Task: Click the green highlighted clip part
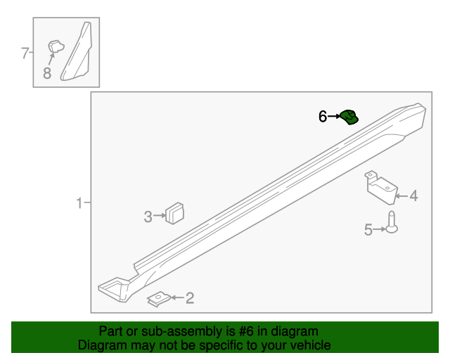[349, 117]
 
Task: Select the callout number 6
[323, 117]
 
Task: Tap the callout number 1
[80, 204]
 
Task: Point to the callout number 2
[189, 299]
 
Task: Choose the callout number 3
[148, 217]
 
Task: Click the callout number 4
[413, 195]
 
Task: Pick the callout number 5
[368, 229]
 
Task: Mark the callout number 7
[25, 53]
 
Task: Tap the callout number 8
[47, 72]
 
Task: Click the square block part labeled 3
[174, 212]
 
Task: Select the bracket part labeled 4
[381, 187]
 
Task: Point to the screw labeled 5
[392, 223]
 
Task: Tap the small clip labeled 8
[55, 47]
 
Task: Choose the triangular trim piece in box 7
[79, 53]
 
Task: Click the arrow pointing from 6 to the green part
[335, 117]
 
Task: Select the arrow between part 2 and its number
[176, 299]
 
